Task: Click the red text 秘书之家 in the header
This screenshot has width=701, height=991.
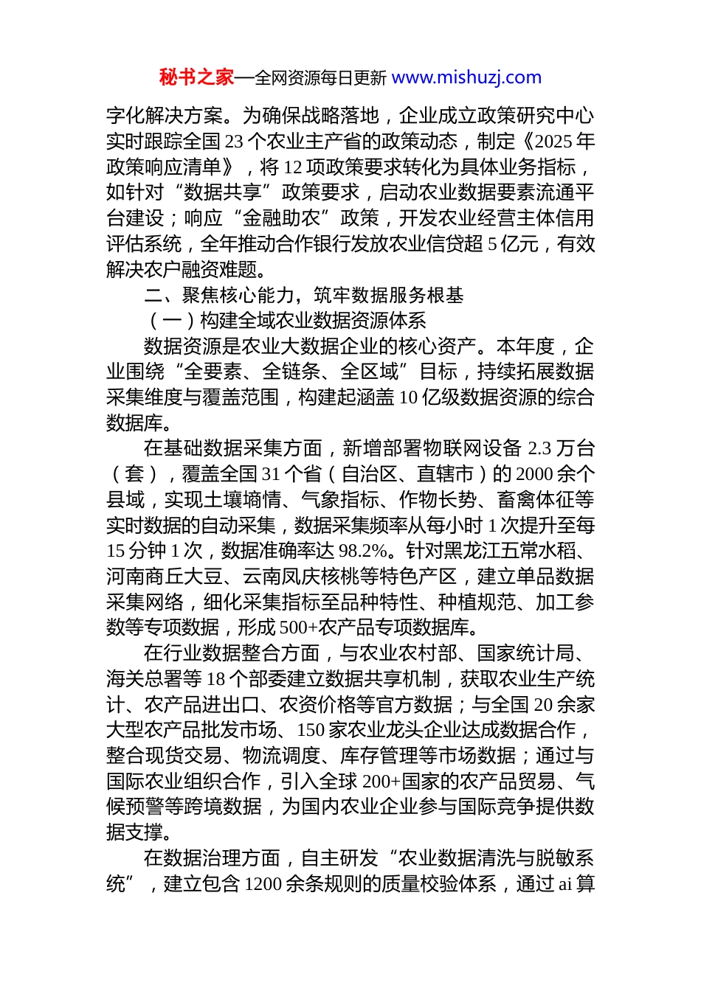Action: coord(196,77)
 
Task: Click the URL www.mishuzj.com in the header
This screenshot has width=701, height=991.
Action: coord(466,77)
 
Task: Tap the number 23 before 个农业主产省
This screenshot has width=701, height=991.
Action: coord(233,142)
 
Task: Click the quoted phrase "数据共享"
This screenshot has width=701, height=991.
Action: coord(222,192)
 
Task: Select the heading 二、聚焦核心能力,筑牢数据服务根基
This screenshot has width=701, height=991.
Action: coord(304,296)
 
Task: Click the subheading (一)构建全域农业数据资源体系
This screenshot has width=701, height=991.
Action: coord(286,321)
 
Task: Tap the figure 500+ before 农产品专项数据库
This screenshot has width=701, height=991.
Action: coord(294,627)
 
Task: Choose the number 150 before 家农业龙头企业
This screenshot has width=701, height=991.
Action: coord(310,730)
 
